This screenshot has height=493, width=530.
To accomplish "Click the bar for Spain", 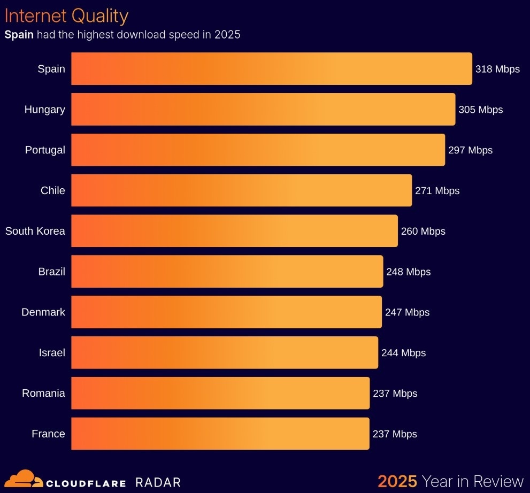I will point(272,69).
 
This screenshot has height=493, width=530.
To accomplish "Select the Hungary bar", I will point(263,110).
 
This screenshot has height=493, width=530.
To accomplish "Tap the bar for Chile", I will point(241,190).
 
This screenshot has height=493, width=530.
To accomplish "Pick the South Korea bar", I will point(234,231).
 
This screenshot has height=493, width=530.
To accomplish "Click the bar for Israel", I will point(225,352).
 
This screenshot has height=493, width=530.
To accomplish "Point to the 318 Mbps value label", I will point(497,69).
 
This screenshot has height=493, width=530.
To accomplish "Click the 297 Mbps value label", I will point(470,150).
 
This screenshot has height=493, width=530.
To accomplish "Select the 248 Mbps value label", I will point(408,272).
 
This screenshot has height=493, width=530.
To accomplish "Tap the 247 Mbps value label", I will point(407,312).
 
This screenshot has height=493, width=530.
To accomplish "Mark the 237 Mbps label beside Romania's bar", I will point(395,394).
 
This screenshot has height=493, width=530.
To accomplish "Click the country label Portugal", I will point(45,150).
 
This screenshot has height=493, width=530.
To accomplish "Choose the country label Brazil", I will point(51,272).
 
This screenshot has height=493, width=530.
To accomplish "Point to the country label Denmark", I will point(43,312).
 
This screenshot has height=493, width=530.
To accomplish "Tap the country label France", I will point(48,434).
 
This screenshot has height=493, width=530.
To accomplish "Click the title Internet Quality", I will point(66,16).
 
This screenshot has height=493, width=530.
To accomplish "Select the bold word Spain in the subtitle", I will point(19,35).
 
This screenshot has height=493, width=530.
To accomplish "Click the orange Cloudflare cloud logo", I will point(24,479).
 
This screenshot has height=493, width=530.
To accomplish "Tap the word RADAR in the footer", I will point(158,482).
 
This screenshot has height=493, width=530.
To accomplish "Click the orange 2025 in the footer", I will point(397,481).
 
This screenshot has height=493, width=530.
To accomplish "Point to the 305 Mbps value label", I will point(480,110).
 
